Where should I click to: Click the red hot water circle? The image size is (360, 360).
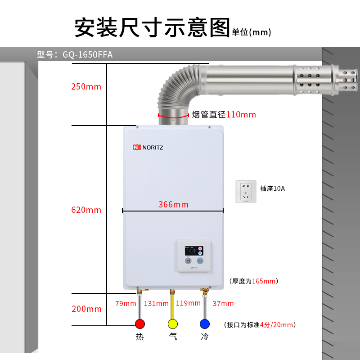pos(140,324)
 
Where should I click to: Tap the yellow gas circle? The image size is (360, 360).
pos(172,324)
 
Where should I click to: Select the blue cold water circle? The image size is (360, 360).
pos(205,324)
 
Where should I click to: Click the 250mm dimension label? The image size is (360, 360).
pos(86,87)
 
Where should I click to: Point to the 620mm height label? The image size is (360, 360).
pos(86,210)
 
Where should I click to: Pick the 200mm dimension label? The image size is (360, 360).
pos(86,309)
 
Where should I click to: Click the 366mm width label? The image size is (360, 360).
pos(173,205)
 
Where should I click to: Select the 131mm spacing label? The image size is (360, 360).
pos(156,303)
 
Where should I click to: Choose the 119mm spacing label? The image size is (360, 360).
pos(188,303)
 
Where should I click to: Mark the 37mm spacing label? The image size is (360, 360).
pos(223,303)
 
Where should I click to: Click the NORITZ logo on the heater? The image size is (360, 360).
pos(148,147)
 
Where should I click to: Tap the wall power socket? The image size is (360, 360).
pos(246,191)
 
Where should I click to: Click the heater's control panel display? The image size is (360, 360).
pos(194,250)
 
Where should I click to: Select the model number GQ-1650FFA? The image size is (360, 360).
pos(88,55)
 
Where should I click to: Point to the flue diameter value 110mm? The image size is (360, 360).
pos(241,115)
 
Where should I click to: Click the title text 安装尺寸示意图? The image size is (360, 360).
pos(152,28)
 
